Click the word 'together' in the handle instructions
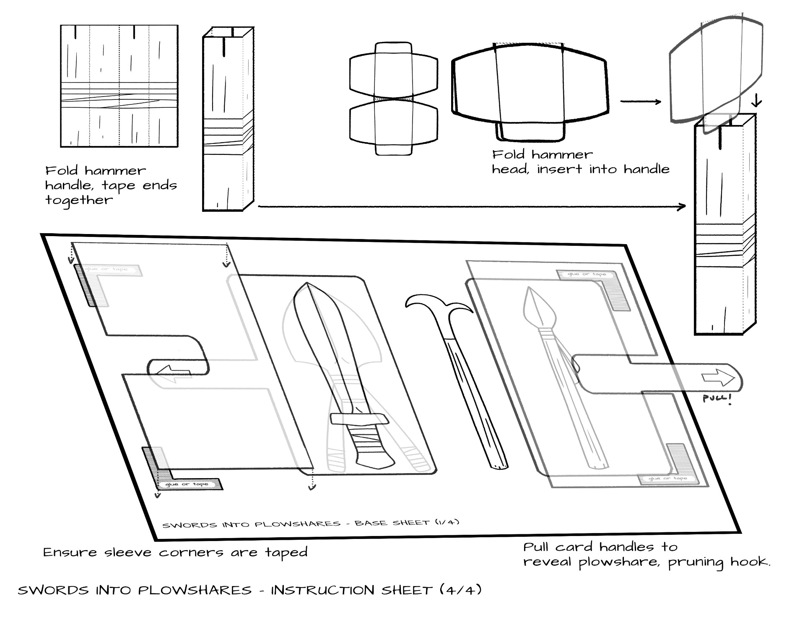click(79, 200)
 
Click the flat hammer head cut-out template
click(393, 99)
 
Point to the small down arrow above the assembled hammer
click(757, 101)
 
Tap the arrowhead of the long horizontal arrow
click(682, 206)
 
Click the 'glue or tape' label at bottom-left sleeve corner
click(187, 484)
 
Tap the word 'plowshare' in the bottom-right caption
click(618, 562)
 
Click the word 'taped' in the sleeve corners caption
click(286, 552)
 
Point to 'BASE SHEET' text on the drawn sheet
click(392, 523)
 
